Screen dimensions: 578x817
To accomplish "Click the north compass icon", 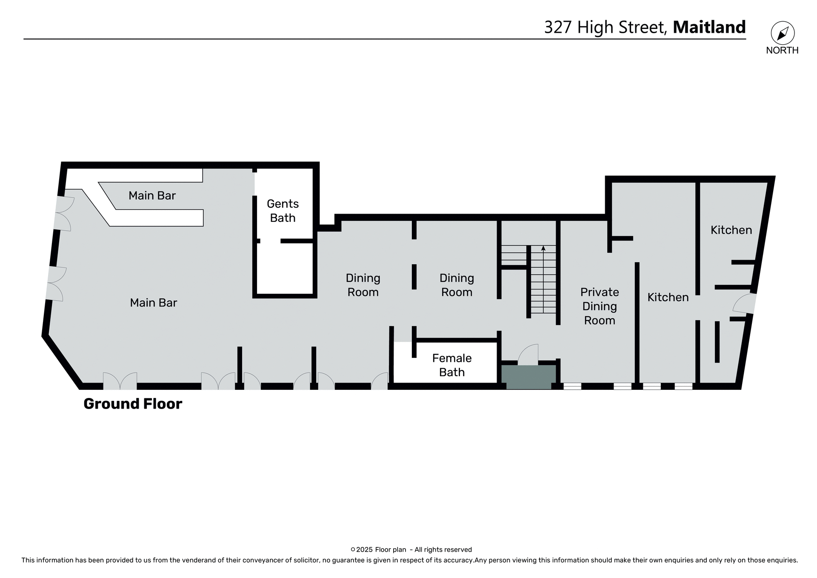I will coord(783,33).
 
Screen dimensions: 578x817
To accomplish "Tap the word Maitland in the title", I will coord(709,27).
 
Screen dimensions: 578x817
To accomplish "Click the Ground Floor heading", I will coord(133,403).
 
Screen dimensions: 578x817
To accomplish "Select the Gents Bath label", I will coord(283,211).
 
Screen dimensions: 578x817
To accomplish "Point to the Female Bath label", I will coord(451,365).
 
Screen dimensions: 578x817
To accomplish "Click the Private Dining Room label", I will coord(599,306).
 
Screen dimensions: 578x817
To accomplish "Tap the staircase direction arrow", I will coord(543,249).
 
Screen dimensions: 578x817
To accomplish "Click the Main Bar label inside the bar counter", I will coord(152,195).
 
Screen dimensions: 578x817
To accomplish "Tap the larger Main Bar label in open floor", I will coord(153,303).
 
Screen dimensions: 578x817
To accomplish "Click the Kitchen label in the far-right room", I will coord(731,230).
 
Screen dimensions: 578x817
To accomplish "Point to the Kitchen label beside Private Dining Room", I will coord(668,297).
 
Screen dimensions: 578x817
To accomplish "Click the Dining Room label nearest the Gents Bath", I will coord(363,285).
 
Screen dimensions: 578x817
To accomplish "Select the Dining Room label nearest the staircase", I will coord(457,285).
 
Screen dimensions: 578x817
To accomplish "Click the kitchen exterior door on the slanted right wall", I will coord(745,303).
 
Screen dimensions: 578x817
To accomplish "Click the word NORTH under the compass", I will coord(782,50).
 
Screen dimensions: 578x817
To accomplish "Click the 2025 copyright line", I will coord(411,549).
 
